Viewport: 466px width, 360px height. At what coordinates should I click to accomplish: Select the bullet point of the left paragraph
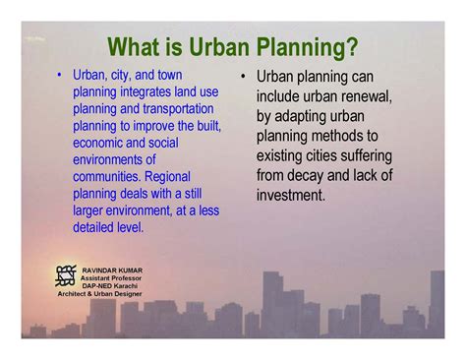(x=60, y=76)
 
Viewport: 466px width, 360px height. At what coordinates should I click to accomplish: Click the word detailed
(x=96, y=227)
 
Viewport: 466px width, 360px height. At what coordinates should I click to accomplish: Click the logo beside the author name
(x=66, y=276)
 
